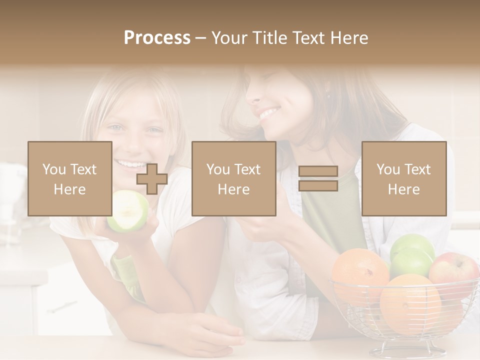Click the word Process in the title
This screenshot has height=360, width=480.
click(x=157, y=38)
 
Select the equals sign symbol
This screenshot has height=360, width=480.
click(x=318, y=178)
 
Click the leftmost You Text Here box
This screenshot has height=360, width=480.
click(x=69, y=178)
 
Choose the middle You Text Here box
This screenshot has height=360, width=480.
click(x=233, y=178)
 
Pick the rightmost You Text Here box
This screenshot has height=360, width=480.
click(x=403, y=178)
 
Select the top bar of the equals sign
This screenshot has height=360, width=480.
click(x=318, y=171)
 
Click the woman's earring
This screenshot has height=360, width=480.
click(x=328, y=96)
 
